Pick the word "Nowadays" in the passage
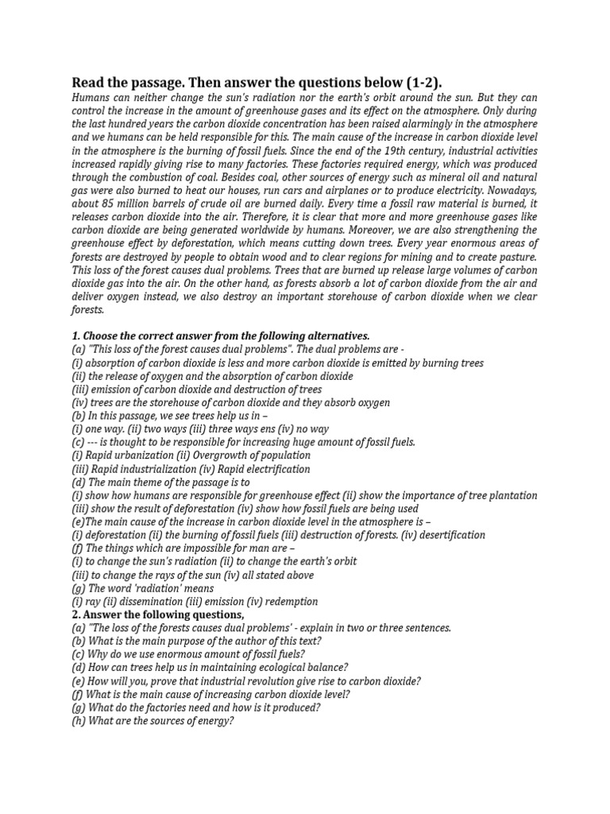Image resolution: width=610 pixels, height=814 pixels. tap(508, 190)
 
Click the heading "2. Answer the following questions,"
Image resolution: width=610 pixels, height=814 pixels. tap(158, 615)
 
